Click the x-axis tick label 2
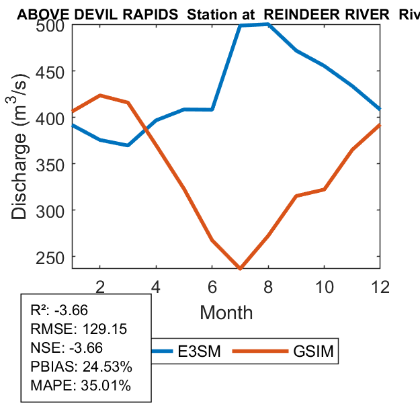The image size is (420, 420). point(99,286)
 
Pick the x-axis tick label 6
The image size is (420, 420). point(212,286)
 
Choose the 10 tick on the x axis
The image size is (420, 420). point(324,286)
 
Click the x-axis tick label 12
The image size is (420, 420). point(380,286)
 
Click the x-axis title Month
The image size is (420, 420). point(226,312)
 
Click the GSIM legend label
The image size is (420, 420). point(313,351)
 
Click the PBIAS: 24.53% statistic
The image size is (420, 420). point(81,367)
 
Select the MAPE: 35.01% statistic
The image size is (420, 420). point(81,386)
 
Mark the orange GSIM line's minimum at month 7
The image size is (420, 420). point(240,268)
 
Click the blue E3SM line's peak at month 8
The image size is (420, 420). point(268,24)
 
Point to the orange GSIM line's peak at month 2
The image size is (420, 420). point(99,95)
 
